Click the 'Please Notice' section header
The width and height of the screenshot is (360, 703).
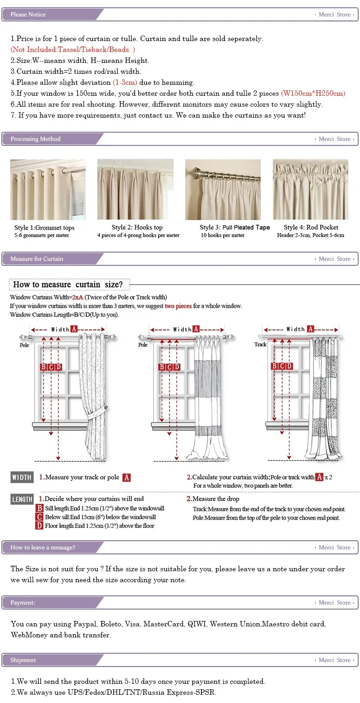(28, 15)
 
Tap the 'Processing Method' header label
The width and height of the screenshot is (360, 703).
(36, 139)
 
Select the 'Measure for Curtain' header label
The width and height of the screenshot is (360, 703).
(37, 259)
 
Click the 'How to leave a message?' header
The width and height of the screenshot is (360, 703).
(43, 548)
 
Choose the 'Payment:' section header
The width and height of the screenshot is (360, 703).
(23, 603)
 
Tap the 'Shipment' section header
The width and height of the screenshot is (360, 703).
(23, 660)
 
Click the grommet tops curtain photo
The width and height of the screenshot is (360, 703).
(48, 190)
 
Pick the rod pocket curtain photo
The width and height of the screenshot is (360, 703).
(310, 190)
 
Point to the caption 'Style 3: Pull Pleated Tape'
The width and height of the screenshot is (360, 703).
(235, 227)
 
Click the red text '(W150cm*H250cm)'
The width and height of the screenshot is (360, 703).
(313, 93)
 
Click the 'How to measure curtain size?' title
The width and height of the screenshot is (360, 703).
(68, 284)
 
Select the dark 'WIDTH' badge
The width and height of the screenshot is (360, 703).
(22, 477)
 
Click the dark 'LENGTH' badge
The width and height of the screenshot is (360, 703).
(22, 499)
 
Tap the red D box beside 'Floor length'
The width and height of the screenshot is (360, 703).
(40, 526)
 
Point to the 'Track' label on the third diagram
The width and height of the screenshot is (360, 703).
(260, 345)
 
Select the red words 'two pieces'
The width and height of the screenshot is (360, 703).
(178, 306)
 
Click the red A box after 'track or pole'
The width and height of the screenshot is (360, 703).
(127, 477)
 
